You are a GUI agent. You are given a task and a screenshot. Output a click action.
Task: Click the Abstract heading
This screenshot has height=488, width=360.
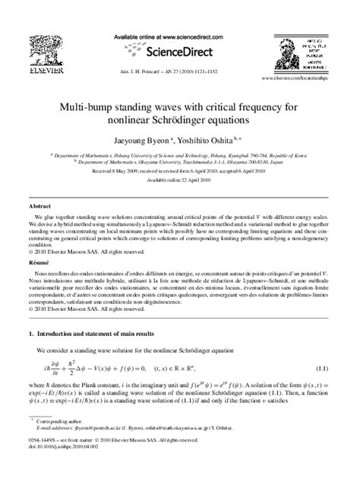click(40, 206)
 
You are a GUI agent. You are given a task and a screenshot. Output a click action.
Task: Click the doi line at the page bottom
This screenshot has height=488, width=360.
click(65, 467)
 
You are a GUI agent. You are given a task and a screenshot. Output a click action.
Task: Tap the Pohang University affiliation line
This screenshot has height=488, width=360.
click(180, 153)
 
